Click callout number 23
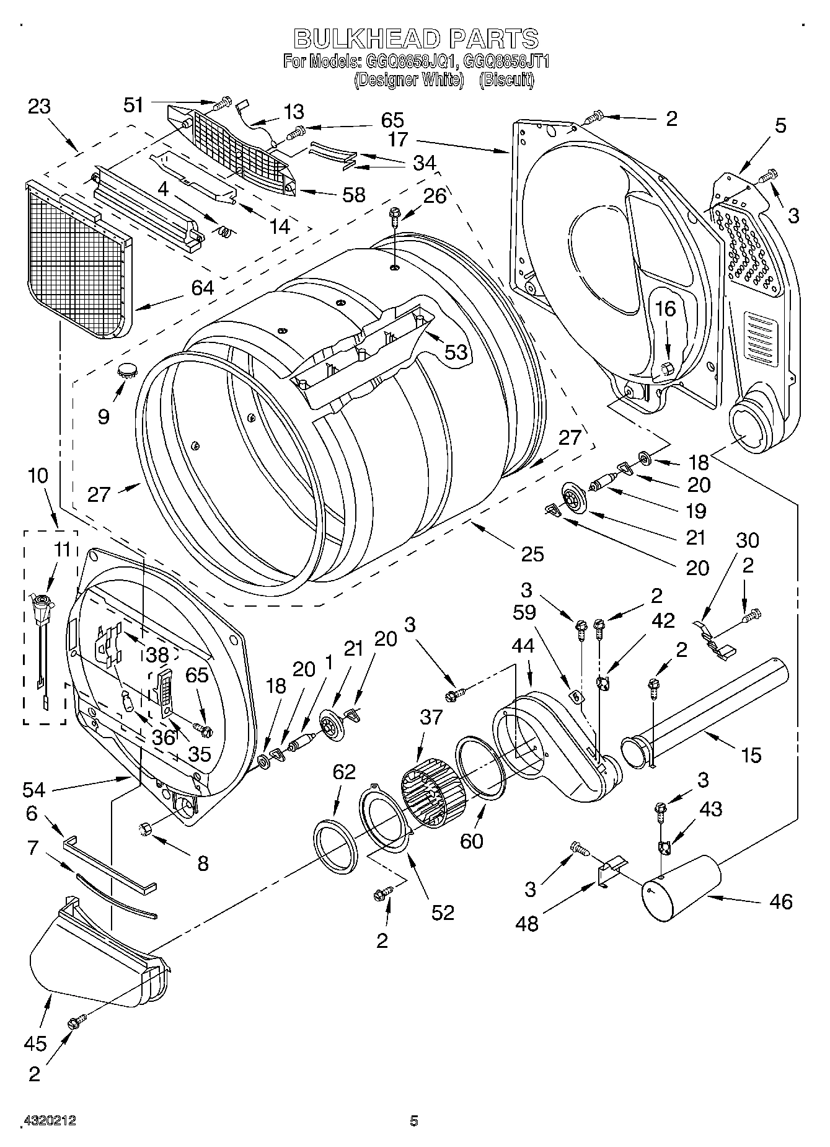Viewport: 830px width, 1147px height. pos(39,107)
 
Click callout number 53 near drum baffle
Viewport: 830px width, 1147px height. pos(456,352)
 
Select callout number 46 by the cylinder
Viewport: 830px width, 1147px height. pos(780,901)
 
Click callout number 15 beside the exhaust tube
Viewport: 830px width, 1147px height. pos(751,755)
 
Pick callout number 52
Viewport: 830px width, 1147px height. pos(443,912)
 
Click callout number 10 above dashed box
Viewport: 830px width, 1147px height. pos(38,476)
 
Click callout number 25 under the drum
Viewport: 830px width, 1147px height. pos(533,553)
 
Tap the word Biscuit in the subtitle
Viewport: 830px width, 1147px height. pos(506,80)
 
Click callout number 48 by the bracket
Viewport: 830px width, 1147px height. pos(528,924)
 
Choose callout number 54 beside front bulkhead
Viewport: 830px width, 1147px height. pos(35,790)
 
